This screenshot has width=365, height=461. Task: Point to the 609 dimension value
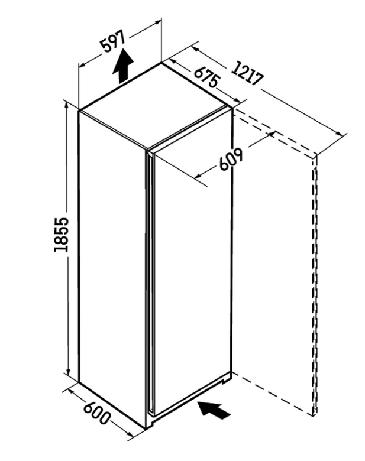pyautogui.click(x=231, y=160)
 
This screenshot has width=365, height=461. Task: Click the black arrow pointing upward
pyautogui.click(x=122, y=66)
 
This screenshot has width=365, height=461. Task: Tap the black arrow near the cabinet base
pyautogui.click(x=214, y=410)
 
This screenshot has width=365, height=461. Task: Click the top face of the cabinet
pyautogui.click(x=156, y=105)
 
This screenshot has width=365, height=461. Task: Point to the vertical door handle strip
pyautogui.click(x=150, y=283)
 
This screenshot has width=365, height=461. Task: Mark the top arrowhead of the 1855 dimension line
pyautogui.click(x=67, y=106)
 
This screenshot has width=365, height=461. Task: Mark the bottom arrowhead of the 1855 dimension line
pyautogui.click(x=68, y=373)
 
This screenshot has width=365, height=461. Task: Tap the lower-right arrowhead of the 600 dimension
pyautogui.click(x=130, y=433)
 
